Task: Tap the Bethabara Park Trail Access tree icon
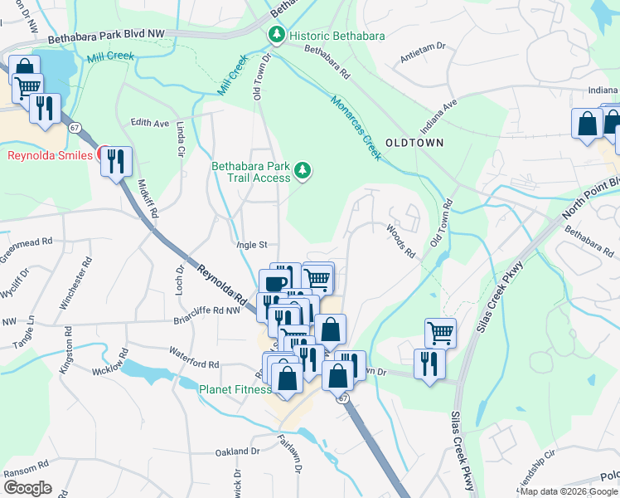(x=303, y=171)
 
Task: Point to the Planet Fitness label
(x=235, y=389)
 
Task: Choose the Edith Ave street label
(x=149, y=123)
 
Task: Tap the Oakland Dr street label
(x=237, y=452)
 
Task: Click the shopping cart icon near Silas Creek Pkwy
(x=440, y=333)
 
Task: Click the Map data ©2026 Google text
(x=569, y=491)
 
